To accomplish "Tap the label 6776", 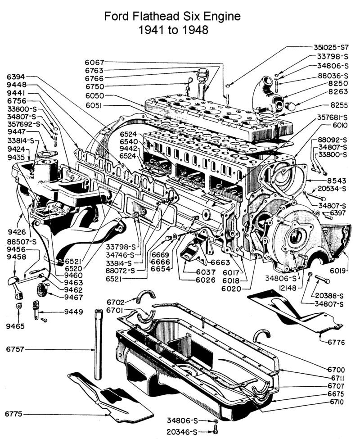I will pos(336,342).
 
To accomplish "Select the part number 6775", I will pos(14,413).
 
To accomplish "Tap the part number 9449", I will pos(73,311).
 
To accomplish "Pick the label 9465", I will pos(15,325).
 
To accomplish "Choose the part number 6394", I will pos(16,77).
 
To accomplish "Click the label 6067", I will pos(94,63).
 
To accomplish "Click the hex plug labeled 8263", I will pos(290,107).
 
